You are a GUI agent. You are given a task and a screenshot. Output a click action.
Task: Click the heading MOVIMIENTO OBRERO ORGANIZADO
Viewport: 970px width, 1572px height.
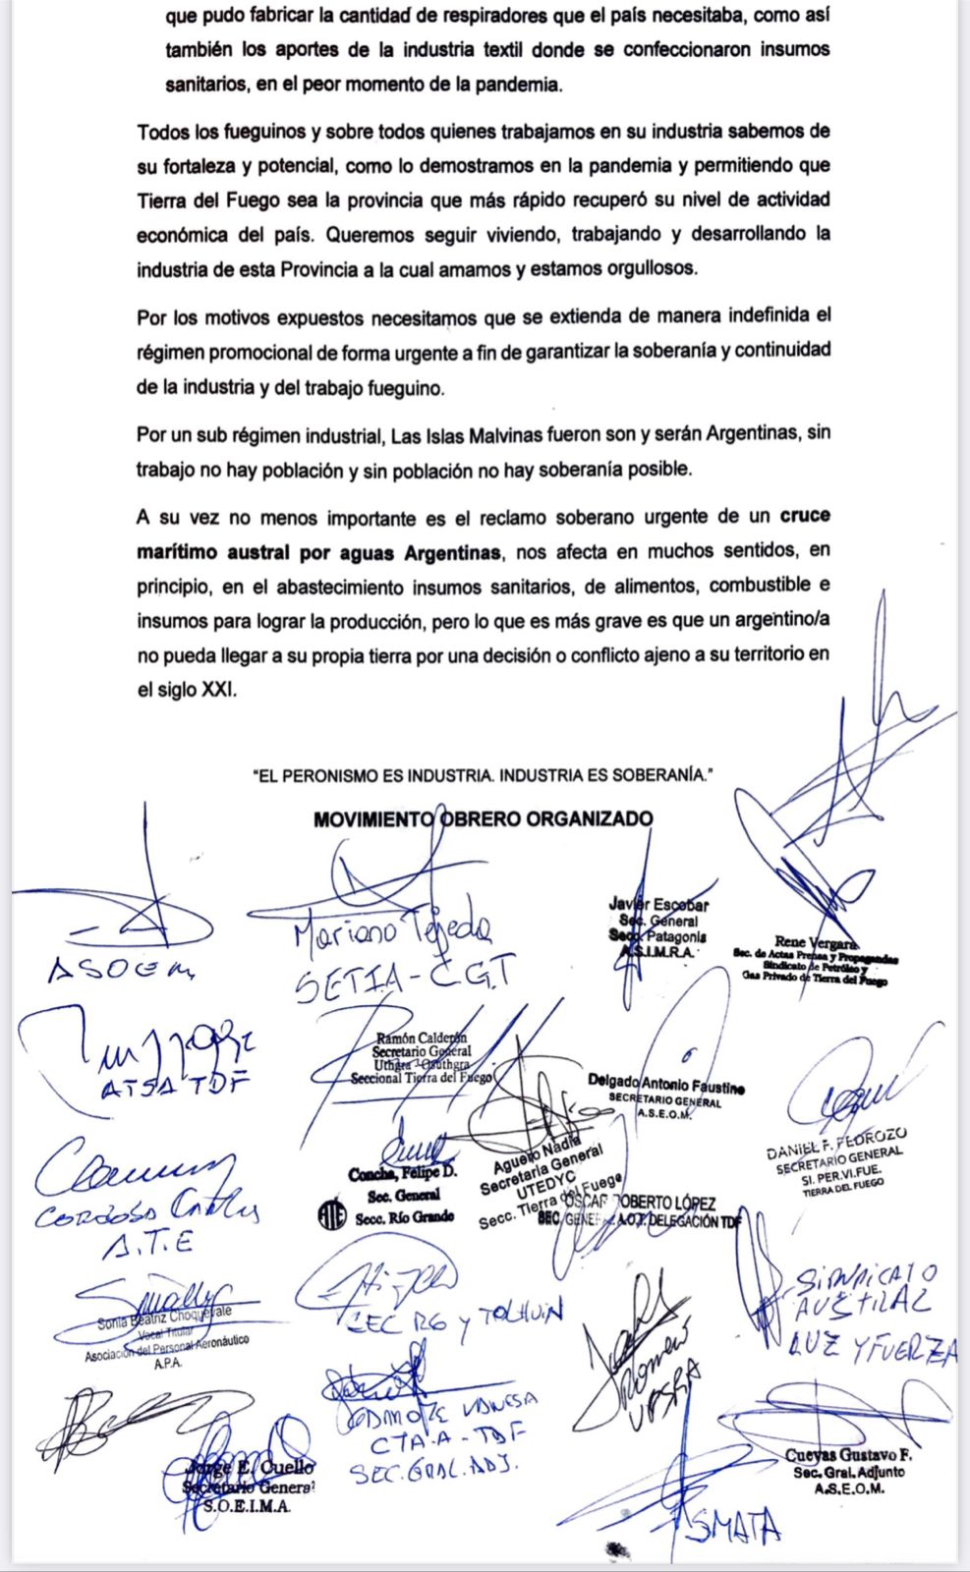point(483,818)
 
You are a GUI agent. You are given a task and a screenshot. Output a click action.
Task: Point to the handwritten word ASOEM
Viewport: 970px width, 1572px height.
point(121,970)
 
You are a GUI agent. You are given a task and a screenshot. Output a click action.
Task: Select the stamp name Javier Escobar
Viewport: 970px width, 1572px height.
point(658,905)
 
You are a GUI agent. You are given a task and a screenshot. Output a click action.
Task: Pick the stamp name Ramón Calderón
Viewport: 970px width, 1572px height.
point(422,1038)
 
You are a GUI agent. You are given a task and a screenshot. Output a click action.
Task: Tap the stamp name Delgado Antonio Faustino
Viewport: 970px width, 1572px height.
point(665,1083)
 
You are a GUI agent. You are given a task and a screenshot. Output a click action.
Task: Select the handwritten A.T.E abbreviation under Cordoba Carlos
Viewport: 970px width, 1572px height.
point(148,1245)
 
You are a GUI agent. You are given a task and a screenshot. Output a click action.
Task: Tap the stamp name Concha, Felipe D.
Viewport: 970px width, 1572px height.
point(403,1175)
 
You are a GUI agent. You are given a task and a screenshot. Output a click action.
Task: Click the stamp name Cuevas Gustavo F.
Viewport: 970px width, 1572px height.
point(849,1455)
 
